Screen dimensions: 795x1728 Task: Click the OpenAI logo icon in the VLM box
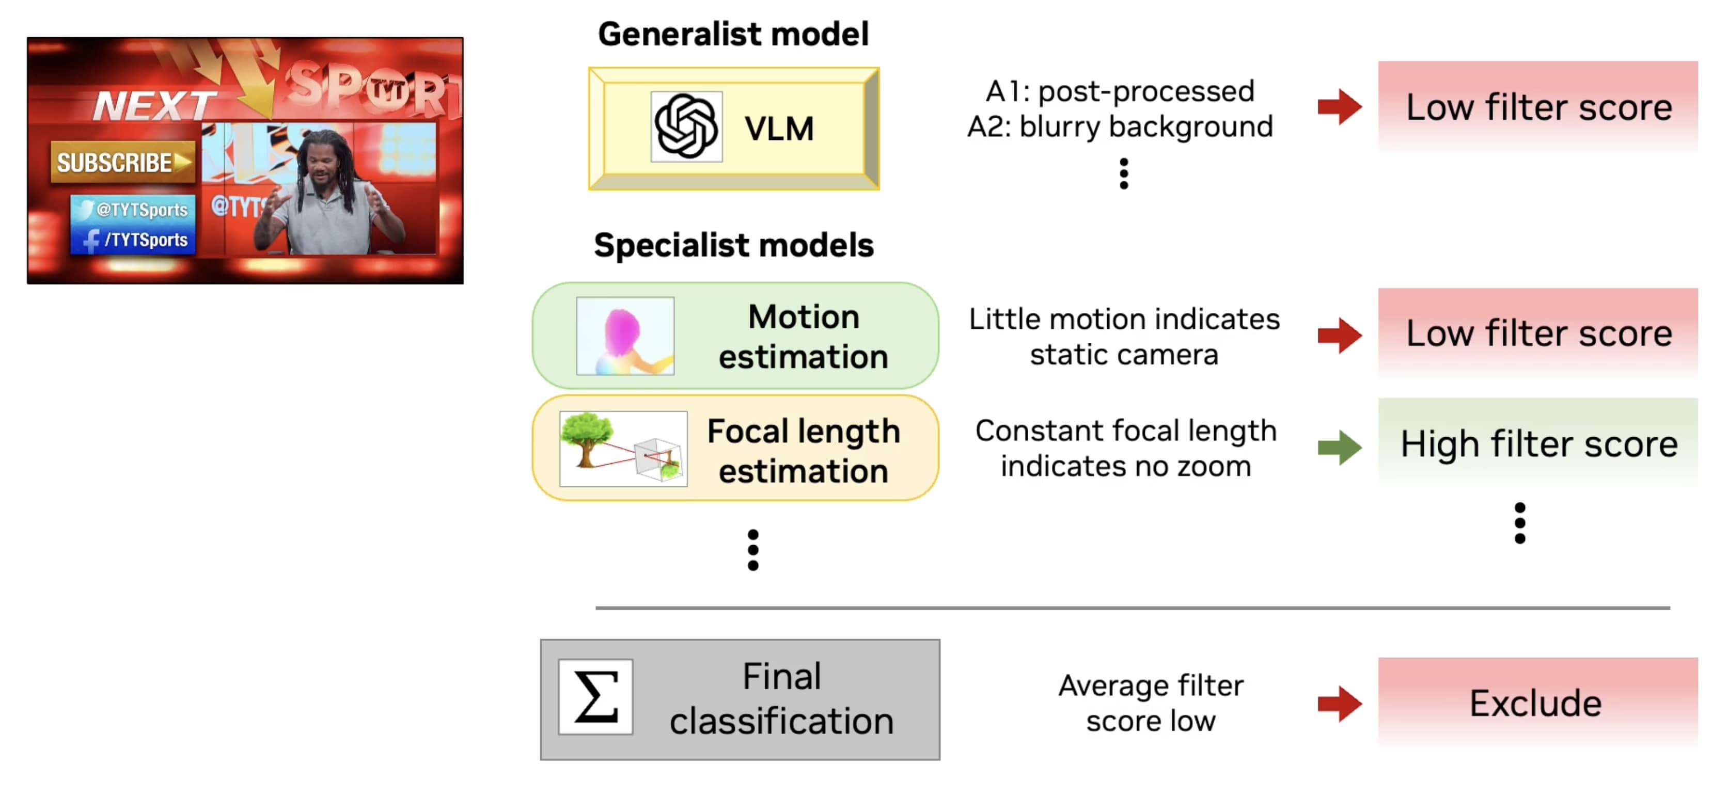685,126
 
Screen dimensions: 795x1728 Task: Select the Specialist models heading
733,245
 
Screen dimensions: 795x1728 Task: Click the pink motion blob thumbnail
624,335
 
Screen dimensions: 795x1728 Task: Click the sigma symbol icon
595,697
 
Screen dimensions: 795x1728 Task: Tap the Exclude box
1537,703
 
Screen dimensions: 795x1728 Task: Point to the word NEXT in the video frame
154,105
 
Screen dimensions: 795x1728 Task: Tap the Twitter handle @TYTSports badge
133,209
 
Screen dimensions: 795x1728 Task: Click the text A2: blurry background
1119,126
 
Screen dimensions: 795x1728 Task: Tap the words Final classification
781,698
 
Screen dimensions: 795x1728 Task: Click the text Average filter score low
1151,703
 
